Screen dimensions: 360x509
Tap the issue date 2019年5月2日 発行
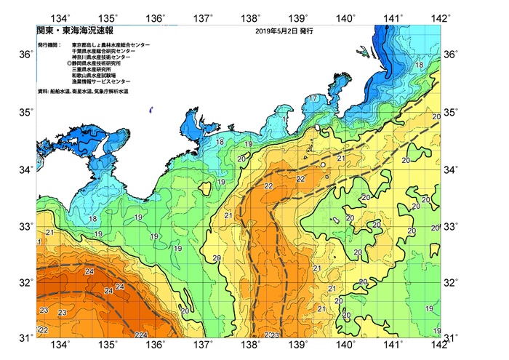coord(284,32)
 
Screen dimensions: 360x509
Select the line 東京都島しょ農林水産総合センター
coord(111,45)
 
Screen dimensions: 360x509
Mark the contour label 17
coord(313,98)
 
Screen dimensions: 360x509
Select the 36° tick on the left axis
coord(25,55)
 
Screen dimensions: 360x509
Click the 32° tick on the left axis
coord(25,282)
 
